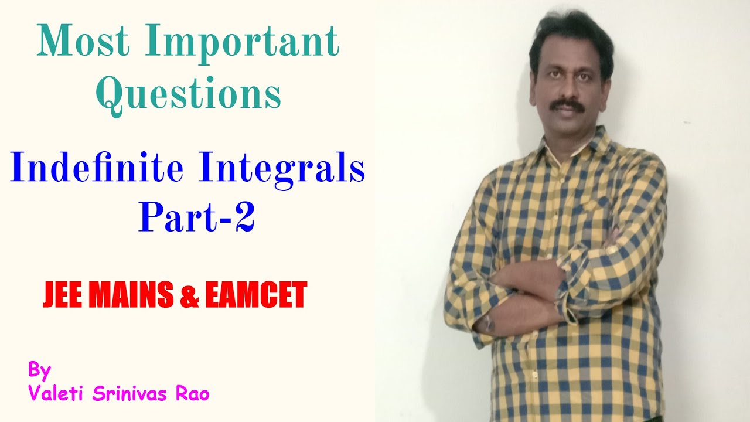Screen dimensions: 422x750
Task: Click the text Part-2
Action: (196, 216)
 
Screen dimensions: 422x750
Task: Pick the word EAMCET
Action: (255, 295)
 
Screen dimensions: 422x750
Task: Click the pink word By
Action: (40, 370)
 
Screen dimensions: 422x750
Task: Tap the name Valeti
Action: (58, 394)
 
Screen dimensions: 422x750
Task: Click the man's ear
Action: (609, 79)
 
